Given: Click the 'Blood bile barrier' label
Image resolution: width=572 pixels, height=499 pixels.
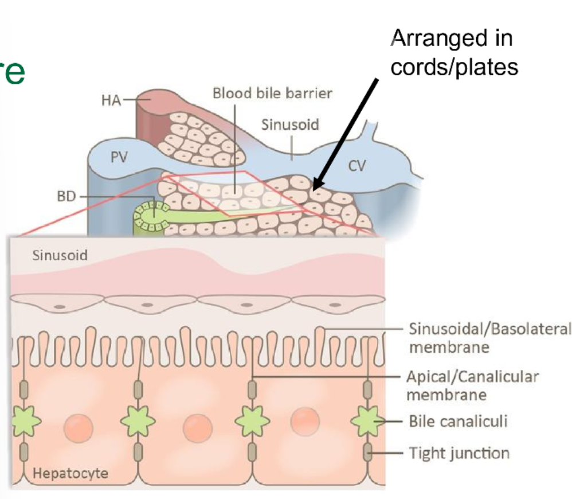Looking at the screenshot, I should click(x=272, y=93).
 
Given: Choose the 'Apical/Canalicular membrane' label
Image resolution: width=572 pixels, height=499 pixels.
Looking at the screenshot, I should click(x=472, y=385).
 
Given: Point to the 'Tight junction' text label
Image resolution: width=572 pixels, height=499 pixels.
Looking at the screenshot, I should click(x=459, y=453).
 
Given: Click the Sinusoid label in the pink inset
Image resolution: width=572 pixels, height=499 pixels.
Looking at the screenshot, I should click(x=60, y=256).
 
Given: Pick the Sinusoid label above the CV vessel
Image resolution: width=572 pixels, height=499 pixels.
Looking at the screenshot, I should click(x=290, y=124).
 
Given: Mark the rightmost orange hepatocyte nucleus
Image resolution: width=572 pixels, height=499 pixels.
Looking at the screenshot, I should click(x=305, y=423).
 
